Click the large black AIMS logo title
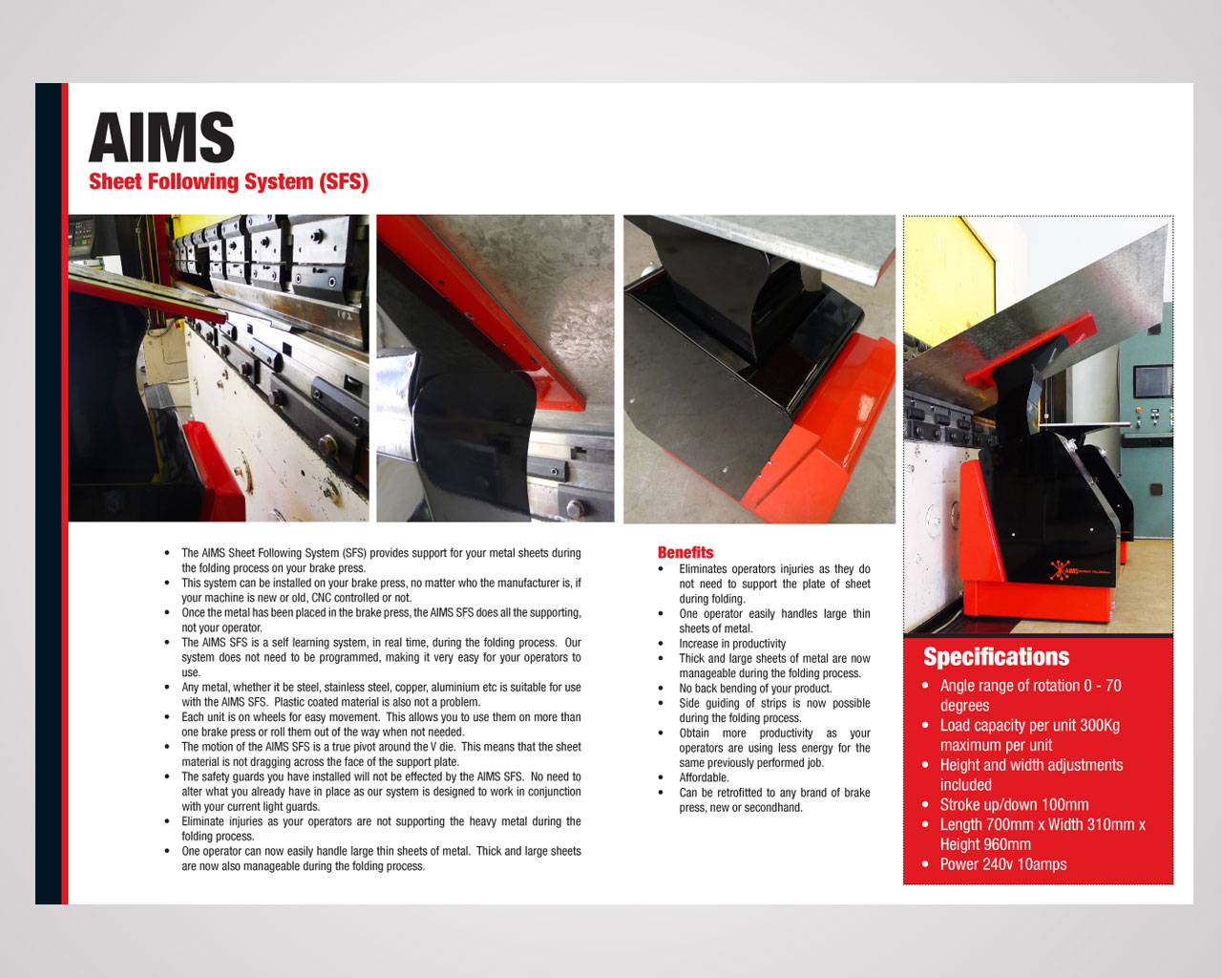pyautogui.click(x=161, y=137)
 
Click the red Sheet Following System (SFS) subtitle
pyautogui.click(x=228, y=181)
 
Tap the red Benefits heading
pyautogui.click(x=685, y=552)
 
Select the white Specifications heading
pyautogui.click(x=996, y=656)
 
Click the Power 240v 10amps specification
pyautogui.click(x=1003, y=864)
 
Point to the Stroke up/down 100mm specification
pyautogui.click(x=1014, y=805)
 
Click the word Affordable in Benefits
pyautogui.click(x=705, y=777)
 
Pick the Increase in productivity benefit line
pyautogui.click(x=732, y=644)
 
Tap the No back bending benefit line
pyautogui.click(x=755, y=689)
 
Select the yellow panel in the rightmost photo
pyautogui.click(x=947, y=282)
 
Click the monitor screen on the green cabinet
pyautogui.click(x=1152, y=382)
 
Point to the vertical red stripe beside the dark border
pyautogui.click(x=65, y=493)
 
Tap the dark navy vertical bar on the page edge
pyautogui.click(x=49, y=493)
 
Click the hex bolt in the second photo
pyautogui.click(x=575, y=507)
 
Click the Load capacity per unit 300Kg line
pyautogui.click(x=1029, y=735)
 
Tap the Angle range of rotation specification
pyautogui.click(x=1030, y=695)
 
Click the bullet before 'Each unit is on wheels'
pyautogui.click(x=167, y=717)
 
